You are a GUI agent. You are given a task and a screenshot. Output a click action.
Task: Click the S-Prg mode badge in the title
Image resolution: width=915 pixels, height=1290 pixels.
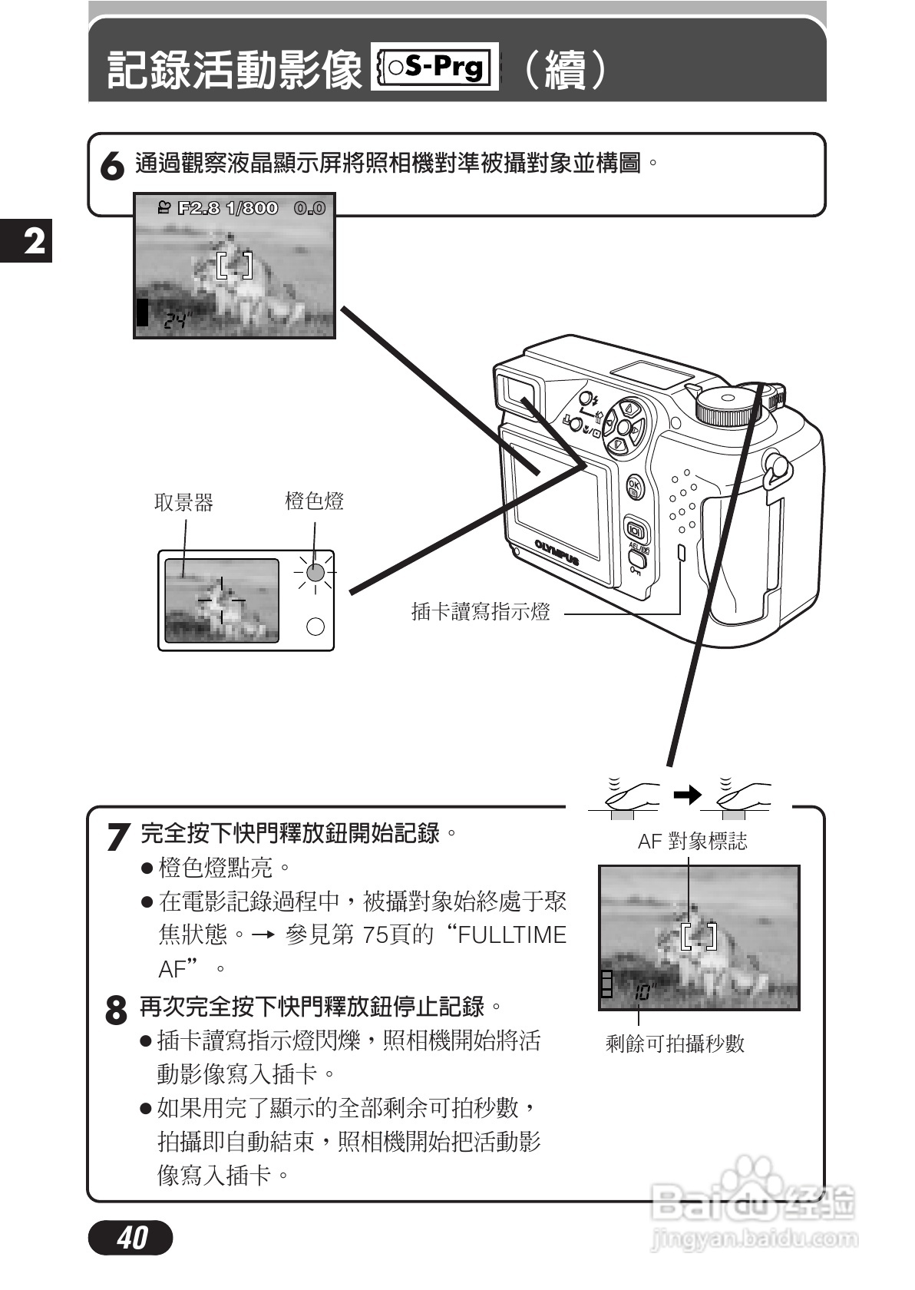coord(434,68)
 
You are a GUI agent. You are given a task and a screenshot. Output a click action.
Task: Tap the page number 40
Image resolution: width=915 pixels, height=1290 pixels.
coord(131,1237)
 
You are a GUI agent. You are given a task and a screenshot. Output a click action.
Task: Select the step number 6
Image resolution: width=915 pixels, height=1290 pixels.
coord(113,167)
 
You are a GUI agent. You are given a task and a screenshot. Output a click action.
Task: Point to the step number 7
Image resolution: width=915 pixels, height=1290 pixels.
coord(117,836)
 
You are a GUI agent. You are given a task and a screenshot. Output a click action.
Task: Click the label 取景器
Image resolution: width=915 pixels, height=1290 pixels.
coord(183,503)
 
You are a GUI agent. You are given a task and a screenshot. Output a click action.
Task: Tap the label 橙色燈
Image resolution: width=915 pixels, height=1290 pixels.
coord(314,501)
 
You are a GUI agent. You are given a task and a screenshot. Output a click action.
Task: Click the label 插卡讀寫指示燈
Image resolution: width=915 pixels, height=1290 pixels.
coord(481,612)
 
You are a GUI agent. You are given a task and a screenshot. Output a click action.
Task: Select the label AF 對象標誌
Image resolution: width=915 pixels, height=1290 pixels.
coord(692,842)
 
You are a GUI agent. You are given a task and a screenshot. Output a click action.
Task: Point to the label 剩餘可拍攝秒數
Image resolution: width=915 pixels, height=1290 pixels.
coord(675,1044)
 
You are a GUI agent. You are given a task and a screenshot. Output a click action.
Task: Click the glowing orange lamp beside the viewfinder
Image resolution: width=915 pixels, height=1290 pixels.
coord(315,572)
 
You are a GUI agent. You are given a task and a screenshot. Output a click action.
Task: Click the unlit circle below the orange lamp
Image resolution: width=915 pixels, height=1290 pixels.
coord(315,627)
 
